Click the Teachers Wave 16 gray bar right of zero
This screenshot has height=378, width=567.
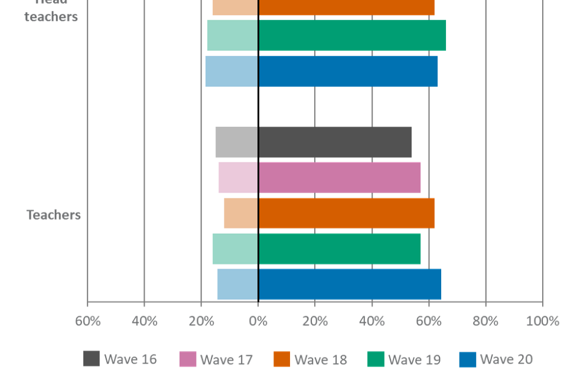335,142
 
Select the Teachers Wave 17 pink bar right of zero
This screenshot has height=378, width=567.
340,177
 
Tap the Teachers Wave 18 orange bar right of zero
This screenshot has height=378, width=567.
347,213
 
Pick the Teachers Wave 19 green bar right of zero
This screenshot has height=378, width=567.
340,249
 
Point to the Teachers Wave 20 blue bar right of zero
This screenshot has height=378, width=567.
350,284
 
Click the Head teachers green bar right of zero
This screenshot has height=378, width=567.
352,35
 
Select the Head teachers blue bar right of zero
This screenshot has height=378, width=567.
348,71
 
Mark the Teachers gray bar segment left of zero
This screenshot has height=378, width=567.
236,142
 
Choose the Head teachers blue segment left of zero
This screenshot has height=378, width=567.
231,71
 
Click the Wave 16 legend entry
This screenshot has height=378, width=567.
120,359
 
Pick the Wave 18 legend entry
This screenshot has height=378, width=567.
311,359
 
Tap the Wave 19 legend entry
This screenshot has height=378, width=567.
405,359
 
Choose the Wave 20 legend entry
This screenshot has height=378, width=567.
497,359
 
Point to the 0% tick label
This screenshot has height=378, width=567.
258,321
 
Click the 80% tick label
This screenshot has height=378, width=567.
485,321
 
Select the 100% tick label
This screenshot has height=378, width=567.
542,321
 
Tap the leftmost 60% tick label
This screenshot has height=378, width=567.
87,321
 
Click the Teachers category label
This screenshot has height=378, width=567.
53,214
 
